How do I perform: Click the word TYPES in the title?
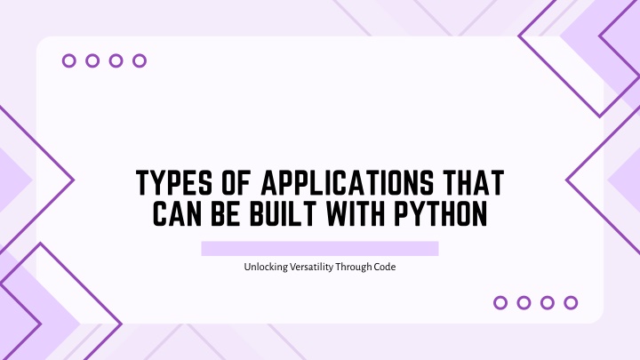(174, 182)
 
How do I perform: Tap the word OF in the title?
(236, 182)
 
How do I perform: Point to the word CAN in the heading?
(177, 213)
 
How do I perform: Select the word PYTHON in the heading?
(441, 213)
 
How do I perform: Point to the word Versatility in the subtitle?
(311, 267)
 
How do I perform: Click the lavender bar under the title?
(320, 249)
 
